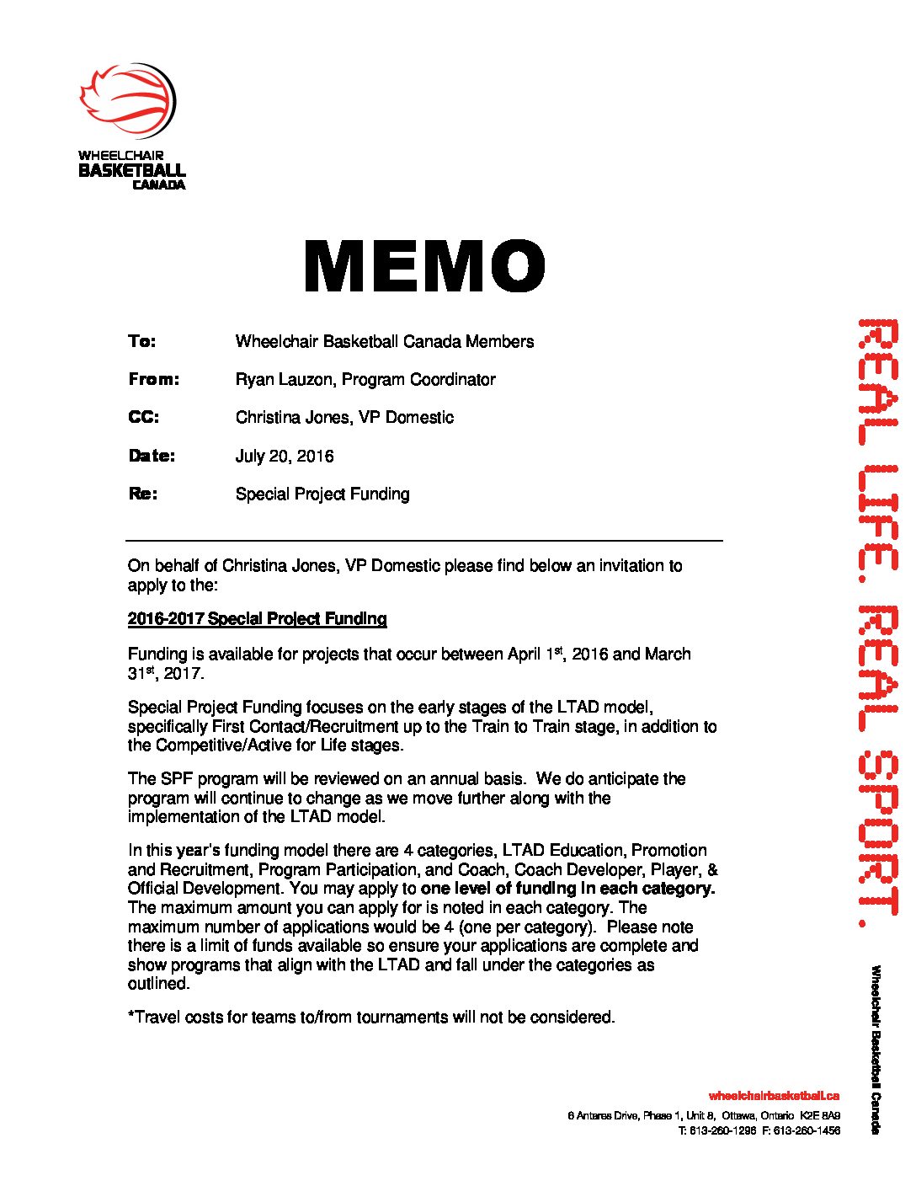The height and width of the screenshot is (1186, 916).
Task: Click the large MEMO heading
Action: (424, 266)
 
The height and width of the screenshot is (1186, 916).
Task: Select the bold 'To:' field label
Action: (142, 341)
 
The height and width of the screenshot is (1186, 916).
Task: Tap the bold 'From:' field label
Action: (154, 379)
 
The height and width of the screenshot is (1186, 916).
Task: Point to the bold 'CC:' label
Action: (143, 417)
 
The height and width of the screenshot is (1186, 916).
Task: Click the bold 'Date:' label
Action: (152, 456)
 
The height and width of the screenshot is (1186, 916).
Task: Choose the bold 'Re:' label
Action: (143, 494)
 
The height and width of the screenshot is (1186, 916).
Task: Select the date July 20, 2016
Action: (285, 457)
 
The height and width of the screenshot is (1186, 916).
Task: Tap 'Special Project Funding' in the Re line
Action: (322, 494)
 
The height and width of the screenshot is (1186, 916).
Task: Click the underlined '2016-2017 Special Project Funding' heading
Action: (257, 619)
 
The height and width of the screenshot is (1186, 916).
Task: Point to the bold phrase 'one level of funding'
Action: (498, 889)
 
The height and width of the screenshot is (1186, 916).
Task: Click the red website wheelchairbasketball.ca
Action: (774, 1096)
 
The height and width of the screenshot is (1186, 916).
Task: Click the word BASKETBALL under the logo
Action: (132, 170)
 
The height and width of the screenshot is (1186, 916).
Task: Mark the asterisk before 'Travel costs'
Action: (131, 1016)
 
